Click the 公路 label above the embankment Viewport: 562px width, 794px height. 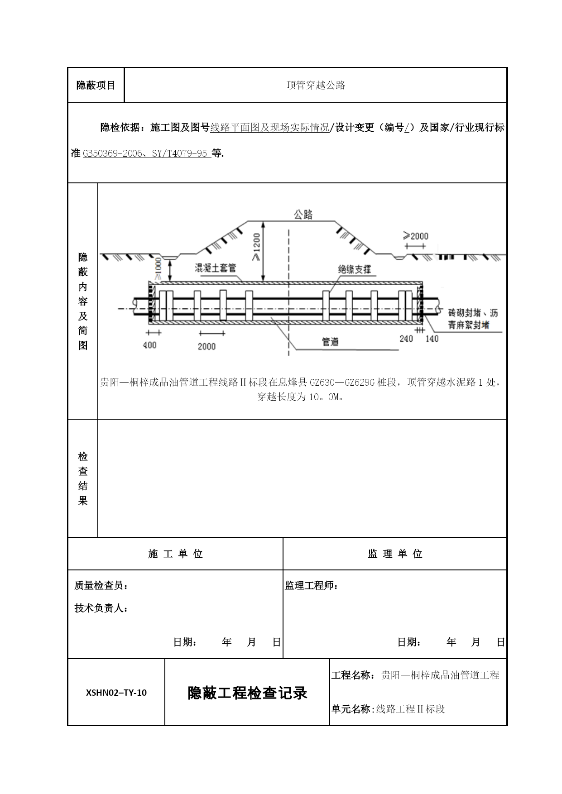click(x=303, y=215)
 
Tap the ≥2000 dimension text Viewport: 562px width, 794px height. click(x=415, y=236)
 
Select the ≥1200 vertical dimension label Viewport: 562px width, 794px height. click(x=257, y=247)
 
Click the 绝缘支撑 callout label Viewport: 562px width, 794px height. click(x=355, y=269)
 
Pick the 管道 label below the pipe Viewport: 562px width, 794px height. click(x=331, y=342)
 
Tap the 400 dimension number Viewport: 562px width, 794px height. click(x=149, y=345)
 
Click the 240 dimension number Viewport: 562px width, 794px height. click(x=406, y=339)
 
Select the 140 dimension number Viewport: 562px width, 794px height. click(x=432, y=339)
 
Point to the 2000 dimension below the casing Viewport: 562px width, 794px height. click(x=207, y=346)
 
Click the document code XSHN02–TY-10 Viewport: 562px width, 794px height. click(x=116, y=693)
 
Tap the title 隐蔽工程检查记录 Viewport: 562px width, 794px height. click(x=248, y=693)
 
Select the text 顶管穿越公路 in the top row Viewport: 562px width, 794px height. click(x=316, y=85)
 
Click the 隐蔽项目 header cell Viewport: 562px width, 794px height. click(x=96, y=85)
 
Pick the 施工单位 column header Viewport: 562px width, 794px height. click(x=176, y=554)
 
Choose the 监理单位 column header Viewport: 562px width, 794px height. click(x=395, y=554)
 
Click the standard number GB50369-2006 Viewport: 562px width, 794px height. click(x=110, y=153)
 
